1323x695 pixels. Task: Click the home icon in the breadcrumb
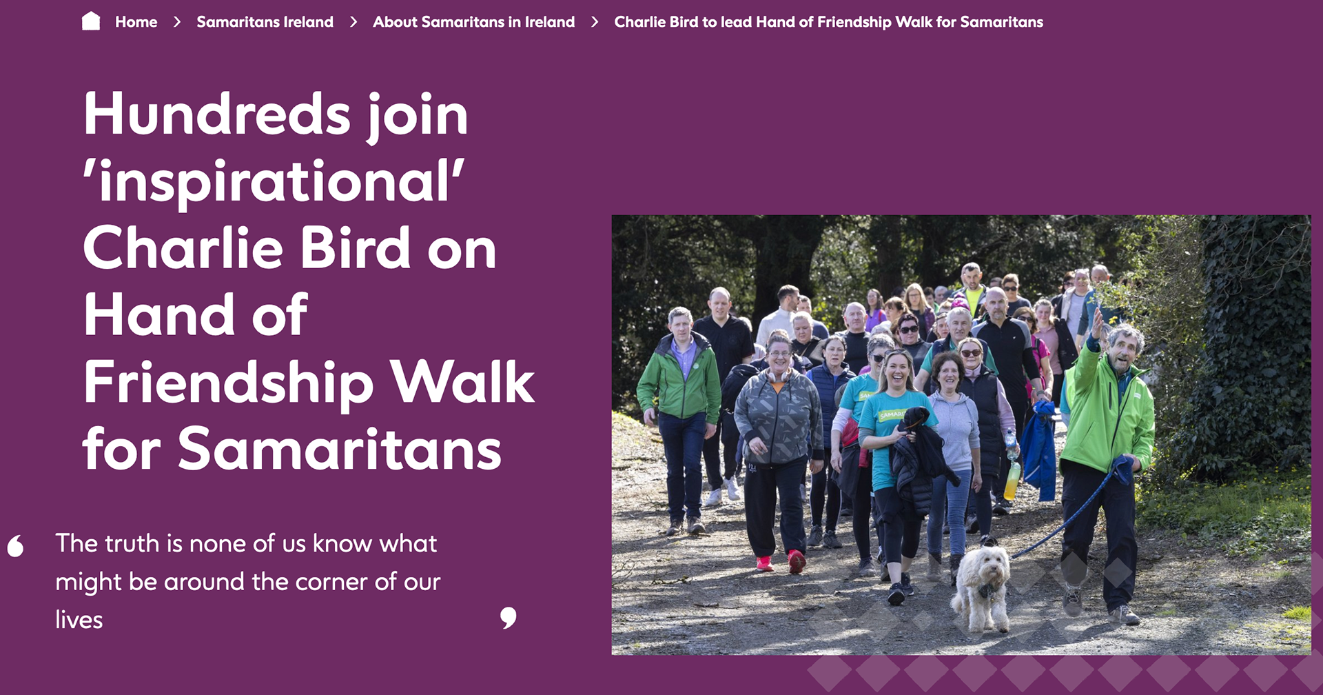91,21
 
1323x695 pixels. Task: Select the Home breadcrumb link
136,22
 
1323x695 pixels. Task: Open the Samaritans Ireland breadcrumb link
265,22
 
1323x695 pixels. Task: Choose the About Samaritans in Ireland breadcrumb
473,22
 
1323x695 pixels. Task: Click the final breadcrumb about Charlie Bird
828,22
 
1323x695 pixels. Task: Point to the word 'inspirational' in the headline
274,181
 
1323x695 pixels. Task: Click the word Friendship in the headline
229,383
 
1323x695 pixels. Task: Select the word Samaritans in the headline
340,450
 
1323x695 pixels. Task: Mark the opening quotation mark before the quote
15,545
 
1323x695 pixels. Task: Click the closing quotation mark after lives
508,618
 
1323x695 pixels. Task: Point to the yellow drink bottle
1012,480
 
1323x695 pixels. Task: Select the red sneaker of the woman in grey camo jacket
796,561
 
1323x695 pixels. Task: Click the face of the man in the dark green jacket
680,327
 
